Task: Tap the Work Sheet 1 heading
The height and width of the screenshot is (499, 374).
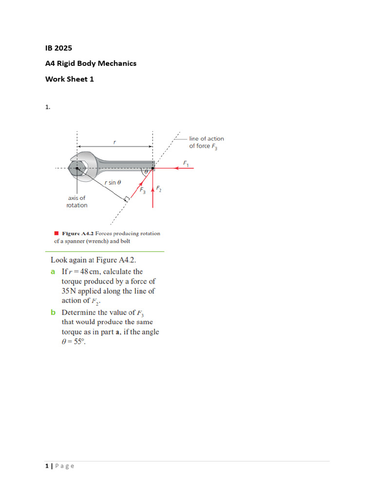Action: pos(70,79)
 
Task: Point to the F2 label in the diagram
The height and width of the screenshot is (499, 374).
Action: pos(159,189)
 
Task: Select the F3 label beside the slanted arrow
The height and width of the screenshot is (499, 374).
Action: pos(142,191)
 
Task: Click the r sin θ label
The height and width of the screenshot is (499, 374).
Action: pos(112,182)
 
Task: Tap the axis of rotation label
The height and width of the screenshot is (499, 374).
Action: pos(76,202)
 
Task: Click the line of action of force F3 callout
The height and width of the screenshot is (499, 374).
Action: pos(206,142)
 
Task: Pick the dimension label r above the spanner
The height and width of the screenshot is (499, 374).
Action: pos(114,142)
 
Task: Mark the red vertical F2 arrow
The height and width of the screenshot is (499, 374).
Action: pos(153,195)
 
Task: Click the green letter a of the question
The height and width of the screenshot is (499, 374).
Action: pos(53,272)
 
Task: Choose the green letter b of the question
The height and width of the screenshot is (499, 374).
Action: pos(53,312)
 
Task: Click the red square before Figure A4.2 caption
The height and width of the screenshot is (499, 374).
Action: pos(56,233)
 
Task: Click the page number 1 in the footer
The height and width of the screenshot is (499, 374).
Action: pos(47,466)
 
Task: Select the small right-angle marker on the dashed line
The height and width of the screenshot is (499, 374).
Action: pos(127,199)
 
